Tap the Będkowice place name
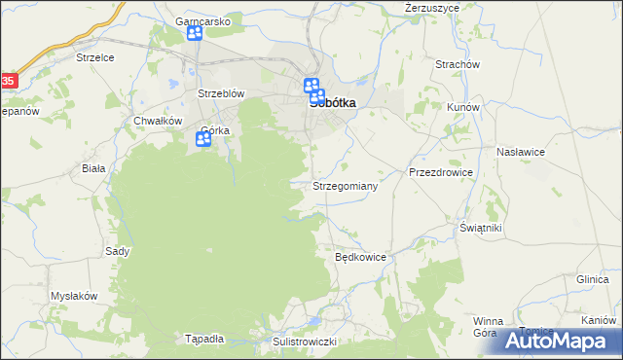click(x=361, y=258)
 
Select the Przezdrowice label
click(x=440, y=172)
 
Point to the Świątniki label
click(x=480, y=228)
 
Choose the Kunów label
click(x=461, y=107)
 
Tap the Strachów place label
click(x=458, y=65)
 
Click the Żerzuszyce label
click(x=432, y=8)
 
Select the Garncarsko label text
click(x=202, y=20)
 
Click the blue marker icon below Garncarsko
click(x=194, y=34)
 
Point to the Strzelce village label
click(x=95, y=57)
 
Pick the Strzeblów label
click(x=220, y=94)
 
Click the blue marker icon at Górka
click(x=203, y=140)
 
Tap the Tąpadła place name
click(x=204, y=340)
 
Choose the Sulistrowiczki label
click(x=304, y=342)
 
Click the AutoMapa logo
click(x=560, y=342)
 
